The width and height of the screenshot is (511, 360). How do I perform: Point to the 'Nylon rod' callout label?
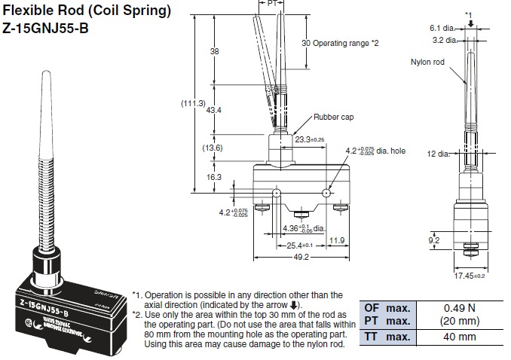point(428,63)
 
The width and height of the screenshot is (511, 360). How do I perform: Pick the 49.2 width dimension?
point(300,256)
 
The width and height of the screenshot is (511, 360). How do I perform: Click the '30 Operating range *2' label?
point(340,43)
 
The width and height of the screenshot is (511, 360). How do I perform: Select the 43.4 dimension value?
point(213,110)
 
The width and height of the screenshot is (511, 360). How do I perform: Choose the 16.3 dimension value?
point(213,177)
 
